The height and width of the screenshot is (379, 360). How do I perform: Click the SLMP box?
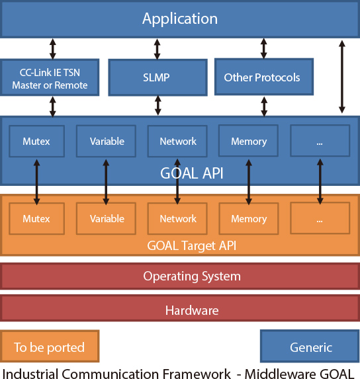(157, 77)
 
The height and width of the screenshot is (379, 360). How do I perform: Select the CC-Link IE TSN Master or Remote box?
(50, 77)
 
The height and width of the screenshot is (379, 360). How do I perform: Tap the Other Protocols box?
(264, 77)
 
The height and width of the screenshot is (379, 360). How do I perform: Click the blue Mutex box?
(37, 141)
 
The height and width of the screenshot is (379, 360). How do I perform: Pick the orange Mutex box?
(37, 218)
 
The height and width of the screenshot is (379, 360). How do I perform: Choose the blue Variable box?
(106, 141)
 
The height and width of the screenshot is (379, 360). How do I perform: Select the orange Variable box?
(106, 218)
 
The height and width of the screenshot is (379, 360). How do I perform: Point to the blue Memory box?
(249, 141)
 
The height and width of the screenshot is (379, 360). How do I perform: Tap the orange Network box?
(177, 218)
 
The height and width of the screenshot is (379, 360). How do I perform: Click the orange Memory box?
(249, 218)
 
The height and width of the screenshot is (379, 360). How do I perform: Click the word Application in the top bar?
(180, 19)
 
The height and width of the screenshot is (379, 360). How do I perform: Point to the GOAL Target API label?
(192, 246)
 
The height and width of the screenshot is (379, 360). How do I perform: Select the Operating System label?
(192, 276)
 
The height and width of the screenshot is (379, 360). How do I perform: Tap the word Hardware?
(192, 310)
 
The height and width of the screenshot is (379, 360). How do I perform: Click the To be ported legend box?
(50, 346)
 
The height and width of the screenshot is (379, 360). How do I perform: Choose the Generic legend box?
(310, 346)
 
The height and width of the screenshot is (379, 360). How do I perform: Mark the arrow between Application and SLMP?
(157, 49)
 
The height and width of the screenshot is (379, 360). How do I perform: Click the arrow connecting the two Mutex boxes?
(37, 182)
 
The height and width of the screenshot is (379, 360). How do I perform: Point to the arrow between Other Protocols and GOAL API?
(264, 106)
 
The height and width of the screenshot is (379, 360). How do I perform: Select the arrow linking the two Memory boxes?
(249, 182)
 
